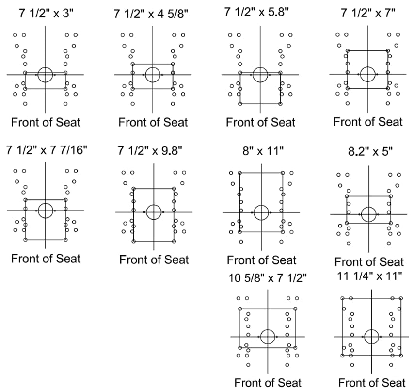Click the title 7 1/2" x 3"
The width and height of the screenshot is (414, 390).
pos(46,13)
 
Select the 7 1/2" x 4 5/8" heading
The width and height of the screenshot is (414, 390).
pos(151,14)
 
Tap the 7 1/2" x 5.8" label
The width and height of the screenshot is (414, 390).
pos(256,12)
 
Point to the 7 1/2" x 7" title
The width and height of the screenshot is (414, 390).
pos(368,13)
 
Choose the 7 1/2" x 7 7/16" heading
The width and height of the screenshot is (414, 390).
pos(47,150)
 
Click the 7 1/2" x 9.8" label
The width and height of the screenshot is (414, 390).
pos(150,151)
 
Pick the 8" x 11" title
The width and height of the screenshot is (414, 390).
pos(263,151)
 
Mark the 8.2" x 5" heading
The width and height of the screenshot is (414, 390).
pos(370,152)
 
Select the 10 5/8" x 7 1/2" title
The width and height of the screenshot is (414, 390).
pos(268,278)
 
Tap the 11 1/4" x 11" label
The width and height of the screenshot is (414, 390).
pos(369,276)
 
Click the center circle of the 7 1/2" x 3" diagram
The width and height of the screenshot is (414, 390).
pos(45,67)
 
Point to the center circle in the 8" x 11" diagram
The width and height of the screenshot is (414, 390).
pos(261,205)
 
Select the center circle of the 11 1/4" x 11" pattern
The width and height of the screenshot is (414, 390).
pos(372,329)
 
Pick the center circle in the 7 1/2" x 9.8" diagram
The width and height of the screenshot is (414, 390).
pos(154,205)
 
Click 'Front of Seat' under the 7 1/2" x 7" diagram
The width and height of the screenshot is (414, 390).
pos(368,122)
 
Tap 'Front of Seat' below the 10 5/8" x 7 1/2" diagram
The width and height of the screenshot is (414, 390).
pos(268,383)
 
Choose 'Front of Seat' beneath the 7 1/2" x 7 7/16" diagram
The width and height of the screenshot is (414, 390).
pos(46,259)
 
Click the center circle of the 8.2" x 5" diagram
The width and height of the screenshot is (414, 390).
pos(368,207)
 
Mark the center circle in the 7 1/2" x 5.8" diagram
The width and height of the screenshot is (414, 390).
pos(260,67)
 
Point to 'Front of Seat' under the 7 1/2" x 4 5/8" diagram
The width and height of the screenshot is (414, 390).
pos(153,122)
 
